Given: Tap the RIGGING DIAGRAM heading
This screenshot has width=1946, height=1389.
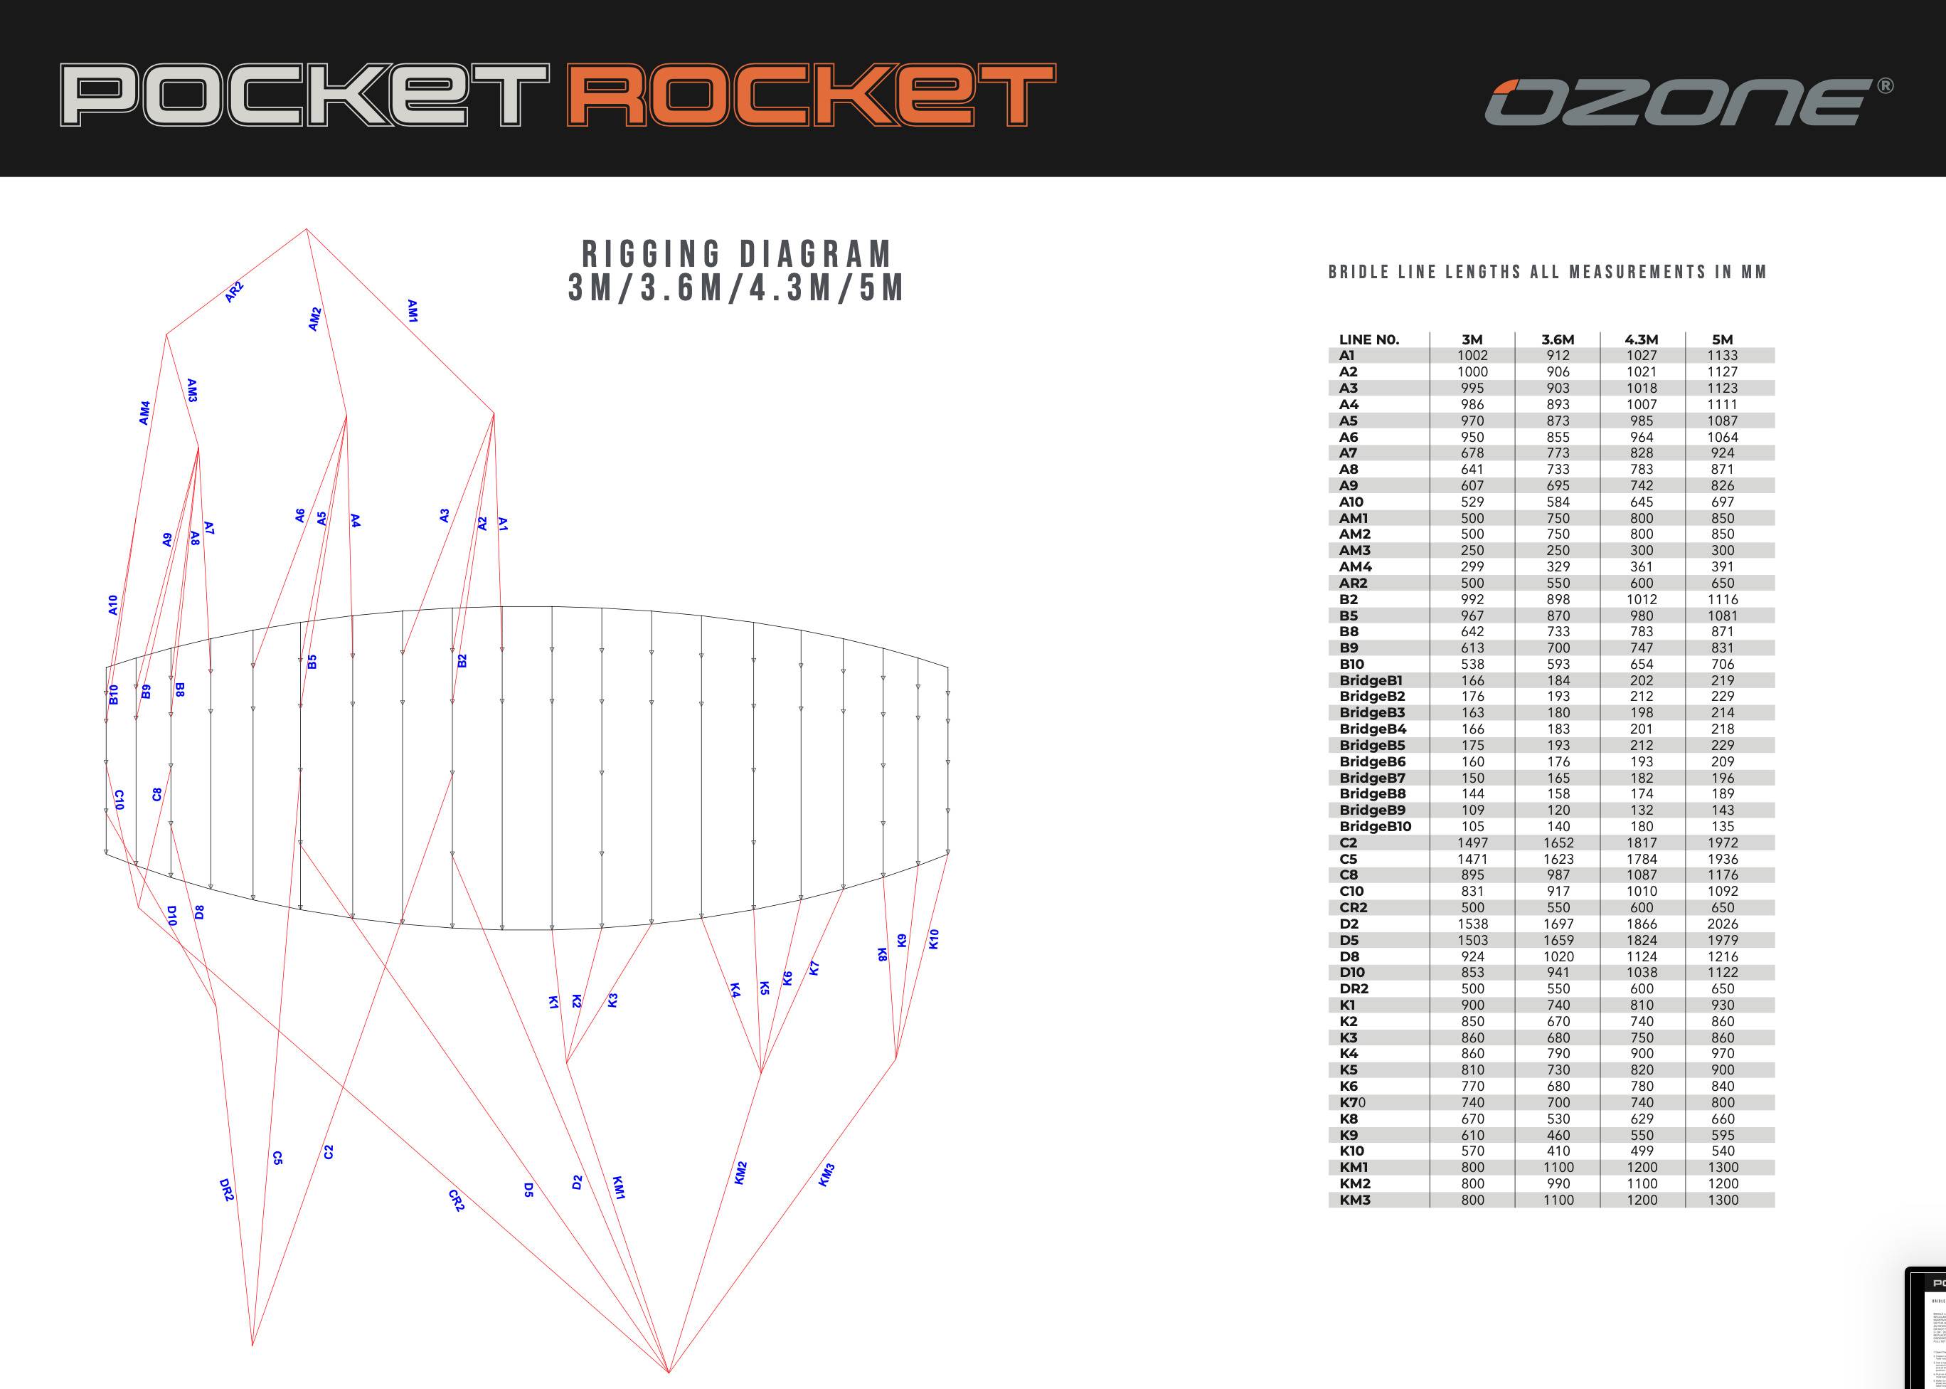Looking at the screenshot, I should pyautogui.click(x=736, y=254).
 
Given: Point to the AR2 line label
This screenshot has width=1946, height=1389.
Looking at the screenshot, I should pyautogui.click(x=234, y=292).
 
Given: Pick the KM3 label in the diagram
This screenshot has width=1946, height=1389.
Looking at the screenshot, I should pyautogui.click(x=826, y=1176).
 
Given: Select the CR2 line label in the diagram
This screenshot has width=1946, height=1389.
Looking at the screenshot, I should pyautogui.click(x=457, y=1200).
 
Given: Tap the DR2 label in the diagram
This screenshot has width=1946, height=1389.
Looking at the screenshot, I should pyautogui.click(x=227, y=1190).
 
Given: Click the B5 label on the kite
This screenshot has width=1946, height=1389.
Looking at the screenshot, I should pyautogui.click(x=312, y=662).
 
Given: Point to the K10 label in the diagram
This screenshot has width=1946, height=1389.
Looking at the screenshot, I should pyautogui.click(x=934, y=939).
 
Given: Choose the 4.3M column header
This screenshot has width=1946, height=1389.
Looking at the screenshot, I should pyautogui.click(x=1641, y=339).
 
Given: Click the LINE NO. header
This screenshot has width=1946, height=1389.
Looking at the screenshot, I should pyautogui.click(x=1369, y=339).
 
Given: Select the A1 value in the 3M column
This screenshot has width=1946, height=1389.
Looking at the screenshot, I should pyautogui.click(x=1472, y=356).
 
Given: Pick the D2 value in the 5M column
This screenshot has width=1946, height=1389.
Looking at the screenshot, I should pyautogui.click(x=1722, y=924).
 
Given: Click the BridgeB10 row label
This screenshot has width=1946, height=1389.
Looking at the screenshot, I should pyautogui.click(x=1375, y=826).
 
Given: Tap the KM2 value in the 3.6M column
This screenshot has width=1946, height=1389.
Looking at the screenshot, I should pyautogui.click(x=1558, y=1184).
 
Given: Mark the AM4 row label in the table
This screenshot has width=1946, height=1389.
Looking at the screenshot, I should pyautogui.click(x=1355, y=566).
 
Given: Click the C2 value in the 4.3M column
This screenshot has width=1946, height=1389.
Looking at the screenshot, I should pyautogui.click(x=1641, y=843).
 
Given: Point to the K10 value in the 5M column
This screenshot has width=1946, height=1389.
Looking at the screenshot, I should pyautogui.click(x=1722, y=1151).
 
